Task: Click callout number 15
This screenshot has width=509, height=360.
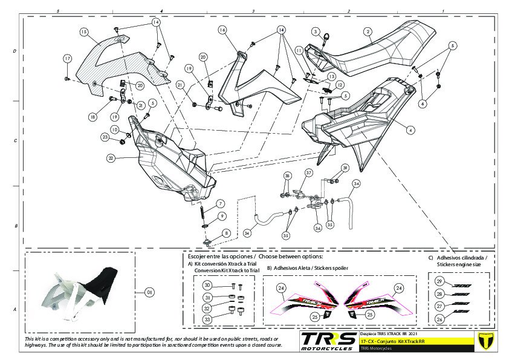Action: coord(84,31)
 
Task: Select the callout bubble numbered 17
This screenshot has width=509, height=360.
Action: coord(68,58)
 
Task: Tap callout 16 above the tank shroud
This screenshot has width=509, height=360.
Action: coord(222,30)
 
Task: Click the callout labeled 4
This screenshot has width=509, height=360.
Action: coord(410,129)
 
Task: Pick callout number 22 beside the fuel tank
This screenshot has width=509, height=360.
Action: coord(111,158)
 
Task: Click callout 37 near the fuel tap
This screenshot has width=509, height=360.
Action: coord(308,172)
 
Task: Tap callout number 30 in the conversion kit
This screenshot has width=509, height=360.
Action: coord(207,286)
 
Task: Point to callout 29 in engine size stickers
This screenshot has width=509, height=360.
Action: coord(439,281)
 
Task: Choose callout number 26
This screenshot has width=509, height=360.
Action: coord(439,319)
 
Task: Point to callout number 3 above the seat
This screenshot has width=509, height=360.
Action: coord(316,31)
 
